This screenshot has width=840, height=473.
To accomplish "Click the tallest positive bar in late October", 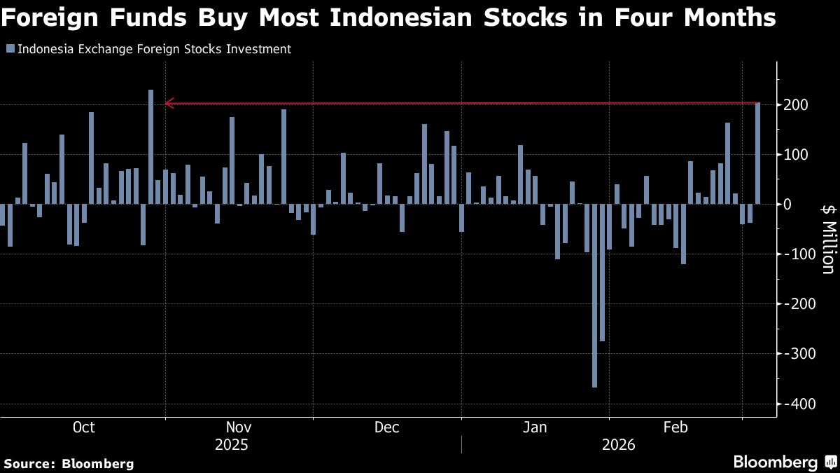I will (x=150, y=146).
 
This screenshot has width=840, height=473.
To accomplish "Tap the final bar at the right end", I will (x=757, y=153).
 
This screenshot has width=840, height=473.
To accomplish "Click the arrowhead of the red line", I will (x=168, y=104).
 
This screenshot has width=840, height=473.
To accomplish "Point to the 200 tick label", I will (x=797, y=105).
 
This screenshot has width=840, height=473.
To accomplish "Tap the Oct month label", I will (x=83, y=427).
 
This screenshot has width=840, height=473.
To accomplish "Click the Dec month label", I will (x=386, y=427).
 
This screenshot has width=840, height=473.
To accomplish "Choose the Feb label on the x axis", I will (x=674, y=427).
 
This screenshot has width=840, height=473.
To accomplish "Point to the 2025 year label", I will (x=231, y=445).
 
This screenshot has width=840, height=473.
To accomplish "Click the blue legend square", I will (x=10, y=49).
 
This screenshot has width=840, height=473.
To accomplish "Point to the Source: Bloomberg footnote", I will (x=69, y=463).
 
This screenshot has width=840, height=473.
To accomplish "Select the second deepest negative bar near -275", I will (x=602, y=273).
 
